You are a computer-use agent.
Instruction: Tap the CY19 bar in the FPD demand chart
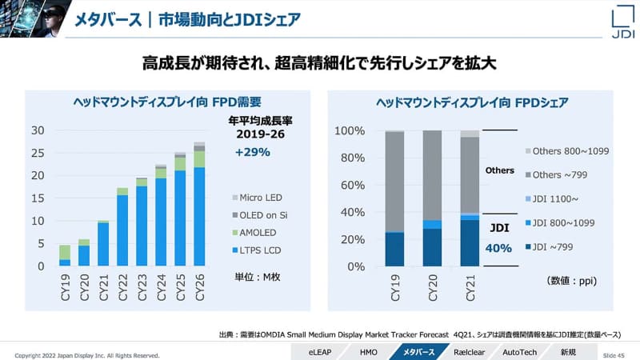click(65, 256)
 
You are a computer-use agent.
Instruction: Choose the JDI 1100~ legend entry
click(556, 198)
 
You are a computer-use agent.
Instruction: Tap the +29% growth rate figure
click(253, 151)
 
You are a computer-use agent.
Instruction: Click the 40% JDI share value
click(498, 248)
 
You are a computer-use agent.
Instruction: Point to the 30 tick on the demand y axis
click(38, 130)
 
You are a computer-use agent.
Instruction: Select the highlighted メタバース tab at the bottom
click(419, 352)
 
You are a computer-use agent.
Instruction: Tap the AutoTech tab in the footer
click(521, 352)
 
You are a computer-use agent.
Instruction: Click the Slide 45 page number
click(614, 354)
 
